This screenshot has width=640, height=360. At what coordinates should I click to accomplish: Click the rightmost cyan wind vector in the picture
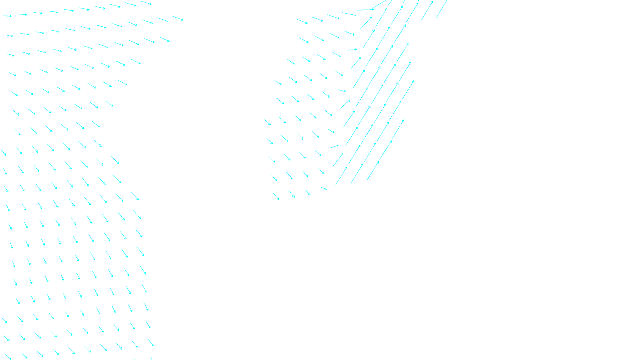442,8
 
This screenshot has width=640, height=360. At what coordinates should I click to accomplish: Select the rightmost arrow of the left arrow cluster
178,18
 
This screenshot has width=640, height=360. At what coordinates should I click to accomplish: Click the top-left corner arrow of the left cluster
8,16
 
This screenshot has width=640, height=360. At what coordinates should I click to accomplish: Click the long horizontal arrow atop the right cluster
366,10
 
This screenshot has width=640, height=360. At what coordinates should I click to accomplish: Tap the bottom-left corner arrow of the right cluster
276,196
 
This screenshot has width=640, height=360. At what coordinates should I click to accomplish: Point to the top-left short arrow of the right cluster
302,21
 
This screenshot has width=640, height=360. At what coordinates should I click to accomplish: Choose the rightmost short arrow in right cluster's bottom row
323,188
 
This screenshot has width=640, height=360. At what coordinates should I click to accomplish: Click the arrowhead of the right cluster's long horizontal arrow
374,9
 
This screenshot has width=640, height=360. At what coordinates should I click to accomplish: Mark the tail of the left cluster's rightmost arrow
173,16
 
